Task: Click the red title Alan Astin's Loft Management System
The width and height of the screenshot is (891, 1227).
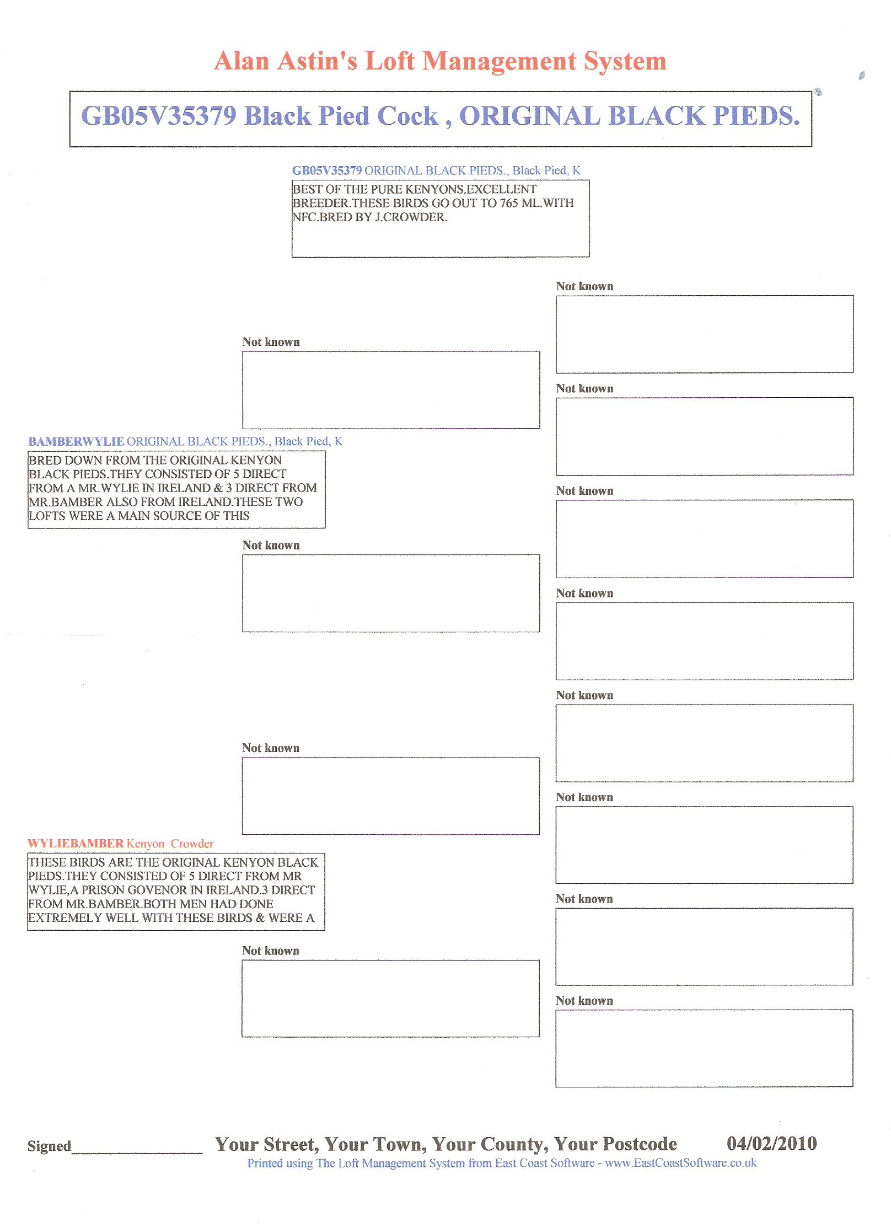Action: point(440,61)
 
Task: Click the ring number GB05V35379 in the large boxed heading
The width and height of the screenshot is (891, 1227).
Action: point(159,116)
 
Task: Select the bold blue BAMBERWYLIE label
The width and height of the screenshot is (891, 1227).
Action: point(76,441)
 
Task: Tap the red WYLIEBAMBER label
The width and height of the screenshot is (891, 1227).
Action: point(76,844)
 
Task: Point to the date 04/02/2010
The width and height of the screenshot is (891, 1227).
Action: point(771,1143)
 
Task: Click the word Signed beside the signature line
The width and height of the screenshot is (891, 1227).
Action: point(49,1146)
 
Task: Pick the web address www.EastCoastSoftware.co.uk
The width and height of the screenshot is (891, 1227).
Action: point(680,1163)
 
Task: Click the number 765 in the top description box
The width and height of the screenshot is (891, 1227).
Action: point(509,203)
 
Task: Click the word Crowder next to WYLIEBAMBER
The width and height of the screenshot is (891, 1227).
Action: point(192,844)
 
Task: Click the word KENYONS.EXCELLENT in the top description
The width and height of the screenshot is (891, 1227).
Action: point(470,189)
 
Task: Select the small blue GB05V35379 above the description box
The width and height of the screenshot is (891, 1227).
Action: point(327,170)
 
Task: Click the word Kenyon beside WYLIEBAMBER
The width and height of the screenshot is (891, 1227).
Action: point(146,844)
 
